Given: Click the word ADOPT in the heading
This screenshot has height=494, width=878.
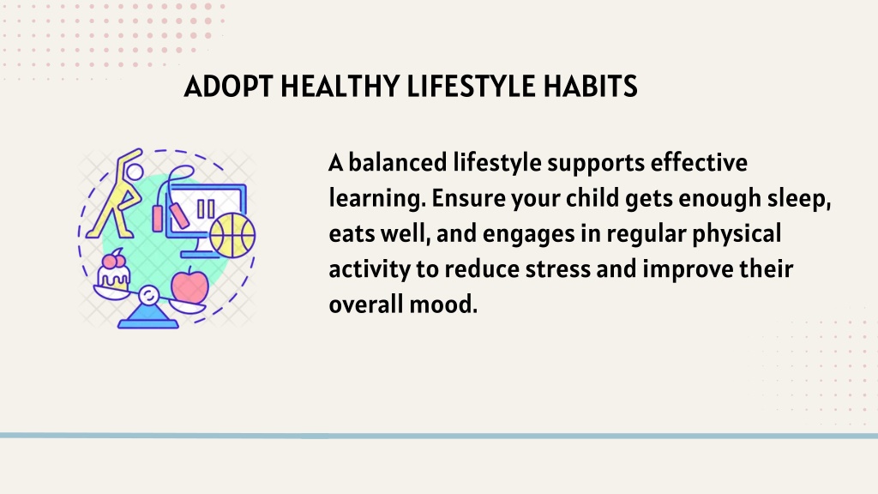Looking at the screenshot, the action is tap(228, 87).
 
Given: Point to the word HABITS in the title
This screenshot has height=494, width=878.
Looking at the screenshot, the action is tap(590, 87).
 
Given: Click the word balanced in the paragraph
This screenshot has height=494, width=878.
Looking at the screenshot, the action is tap(398, 162).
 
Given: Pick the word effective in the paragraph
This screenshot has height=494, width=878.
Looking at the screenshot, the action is tap(699, 162).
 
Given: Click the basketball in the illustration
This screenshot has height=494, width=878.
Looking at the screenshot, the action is tap(232, 235).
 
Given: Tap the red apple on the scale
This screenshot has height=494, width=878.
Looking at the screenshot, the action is tap(189, 285).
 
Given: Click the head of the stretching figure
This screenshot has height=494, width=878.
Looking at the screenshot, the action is tap(135, 172).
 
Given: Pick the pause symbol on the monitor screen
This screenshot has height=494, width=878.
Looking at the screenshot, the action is tap(206, 209).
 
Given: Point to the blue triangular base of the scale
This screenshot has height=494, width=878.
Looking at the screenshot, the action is tap(147, 317).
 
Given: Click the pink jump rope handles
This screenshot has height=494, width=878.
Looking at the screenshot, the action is tap(169, 218).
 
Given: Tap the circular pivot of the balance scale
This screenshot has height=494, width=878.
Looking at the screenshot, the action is tap(148, 295).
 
